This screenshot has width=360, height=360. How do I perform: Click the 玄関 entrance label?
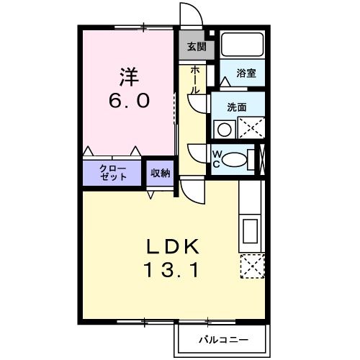195,48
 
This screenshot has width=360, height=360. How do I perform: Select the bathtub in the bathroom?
243,45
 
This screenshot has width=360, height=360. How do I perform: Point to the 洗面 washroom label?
237,107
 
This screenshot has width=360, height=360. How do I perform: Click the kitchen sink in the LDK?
249,232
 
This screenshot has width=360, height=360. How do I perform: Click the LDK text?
174,247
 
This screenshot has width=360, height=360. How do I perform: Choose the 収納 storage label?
161,172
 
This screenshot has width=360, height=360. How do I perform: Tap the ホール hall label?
195,80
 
